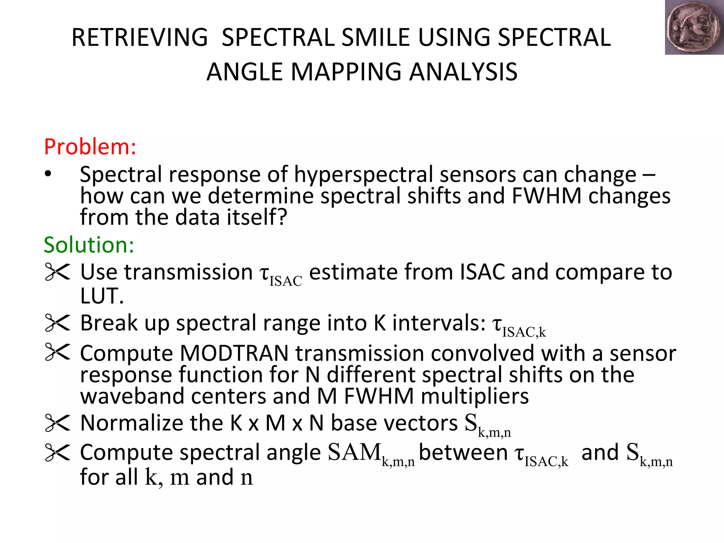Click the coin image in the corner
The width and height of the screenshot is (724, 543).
[x=694, y=28]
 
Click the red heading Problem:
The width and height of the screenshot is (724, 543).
[x=90, y=147]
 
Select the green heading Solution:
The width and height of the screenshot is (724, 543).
[x=89, y=245]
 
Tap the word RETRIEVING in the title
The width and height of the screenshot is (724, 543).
[x=140, y=37]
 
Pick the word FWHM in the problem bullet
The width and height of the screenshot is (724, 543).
[x=546, y=196]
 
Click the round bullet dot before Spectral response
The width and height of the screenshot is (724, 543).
[x=48, y=174]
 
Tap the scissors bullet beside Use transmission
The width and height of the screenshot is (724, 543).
[x=58, y=272]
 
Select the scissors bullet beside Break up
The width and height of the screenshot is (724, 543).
[x=58, y=323]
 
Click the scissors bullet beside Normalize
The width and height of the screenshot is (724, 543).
[x=58, y=423]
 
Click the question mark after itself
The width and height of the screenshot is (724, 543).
[x=281, y=217]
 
